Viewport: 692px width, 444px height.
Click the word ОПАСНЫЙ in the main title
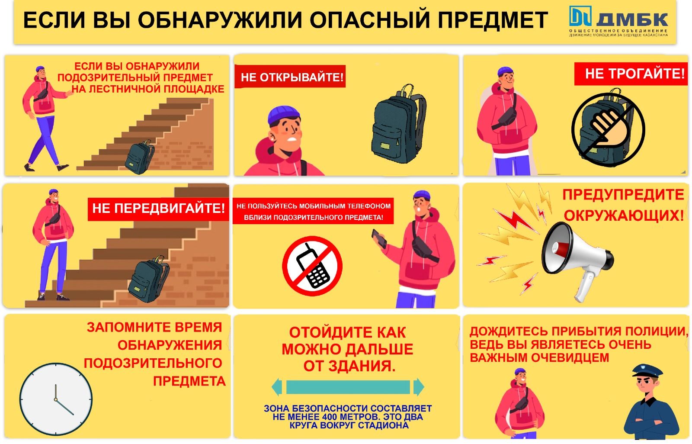click(369, 20)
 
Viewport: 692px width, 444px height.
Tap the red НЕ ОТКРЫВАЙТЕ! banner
click(290, 76)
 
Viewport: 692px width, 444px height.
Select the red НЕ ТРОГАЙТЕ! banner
click(631, 74)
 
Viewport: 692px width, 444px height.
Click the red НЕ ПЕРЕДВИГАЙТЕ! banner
click(158, 209)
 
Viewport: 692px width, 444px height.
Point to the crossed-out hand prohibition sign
click(608, 129)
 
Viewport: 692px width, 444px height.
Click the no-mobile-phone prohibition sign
click(312, 266)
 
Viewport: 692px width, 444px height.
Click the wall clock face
click(56, 399)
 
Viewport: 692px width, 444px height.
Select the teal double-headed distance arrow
click(348, 387)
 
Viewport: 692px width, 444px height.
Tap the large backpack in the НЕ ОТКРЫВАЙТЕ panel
click(398, 124)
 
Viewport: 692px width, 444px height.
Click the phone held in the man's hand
click(379, 238)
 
